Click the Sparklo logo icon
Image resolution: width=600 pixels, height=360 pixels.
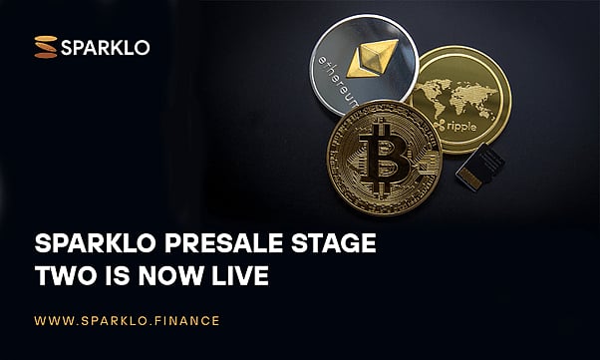pos(46,46)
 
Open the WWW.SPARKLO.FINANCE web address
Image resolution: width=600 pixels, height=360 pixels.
pos(127,321)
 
